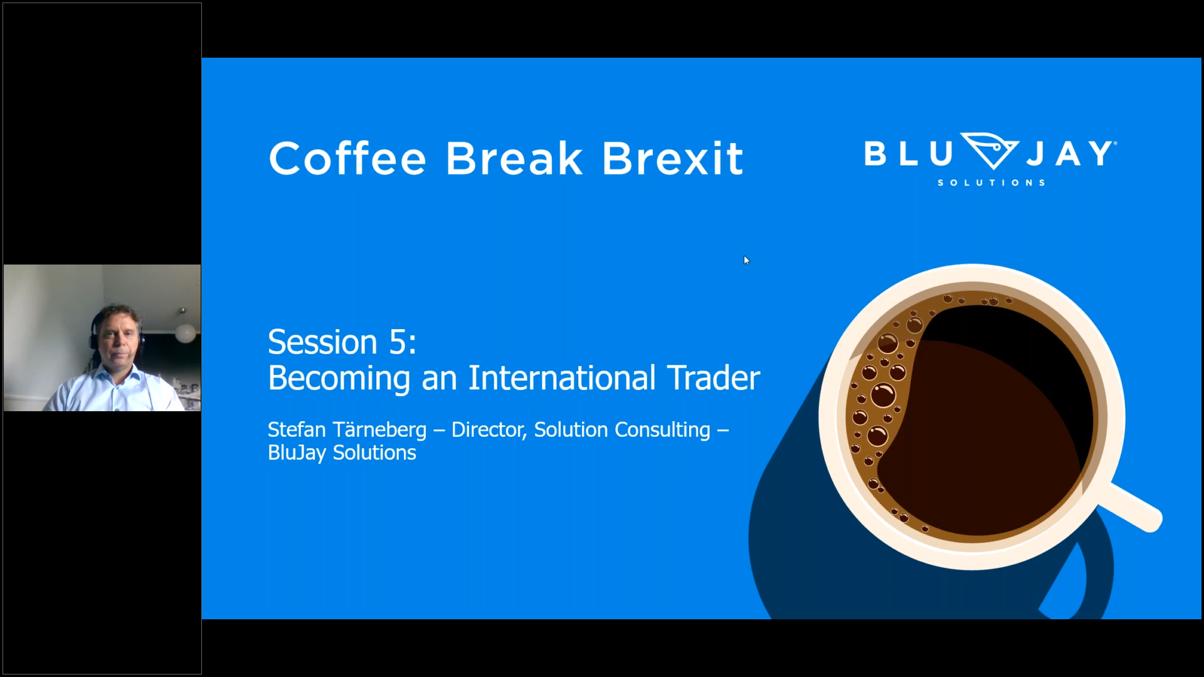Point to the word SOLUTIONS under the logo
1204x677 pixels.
(991, 182)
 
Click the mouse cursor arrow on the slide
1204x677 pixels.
(746, 260)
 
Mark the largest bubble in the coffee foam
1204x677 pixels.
(883, 396)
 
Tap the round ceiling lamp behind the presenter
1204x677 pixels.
(185, 333)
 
